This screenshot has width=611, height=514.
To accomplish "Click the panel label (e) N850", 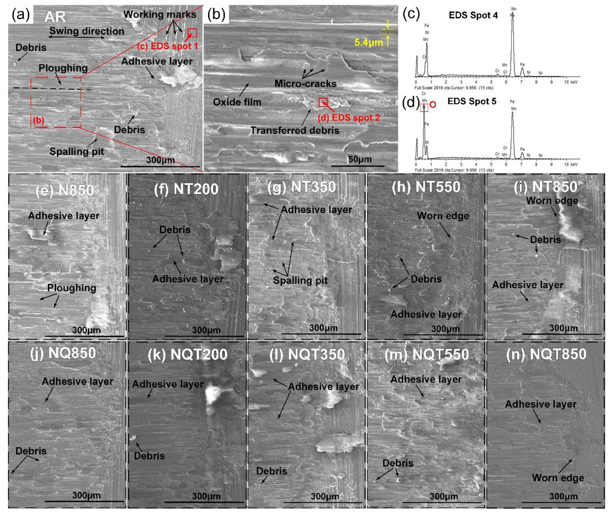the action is point(65,190).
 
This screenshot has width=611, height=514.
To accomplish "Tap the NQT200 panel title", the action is point(187,355).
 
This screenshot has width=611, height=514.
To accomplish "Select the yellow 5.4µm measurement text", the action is point(368,43).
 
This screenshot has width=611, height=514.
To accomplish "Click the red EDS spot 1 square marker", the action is point(192,33).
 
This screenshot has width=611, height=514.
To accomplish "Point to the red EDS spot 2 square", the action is point(323,102).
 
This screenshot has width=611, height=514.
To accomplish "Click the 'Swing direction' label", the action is point(87,31).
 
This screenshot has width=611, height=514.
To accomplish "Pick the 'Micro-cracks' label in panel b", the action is point(305,84).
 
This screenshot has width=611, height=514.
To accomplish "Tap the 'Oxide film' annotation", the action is point(237,102).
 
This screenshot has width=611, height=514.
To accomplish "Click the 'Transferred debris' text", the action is point(295,130).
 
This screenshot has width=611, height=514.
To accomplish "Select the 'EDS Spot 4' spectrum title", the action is point(473,15).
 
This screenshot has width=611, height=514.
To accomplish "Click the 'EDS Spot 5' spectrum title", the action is point(472,101).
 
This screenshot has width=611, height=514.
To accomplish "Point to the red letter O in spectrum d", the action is point(433,105).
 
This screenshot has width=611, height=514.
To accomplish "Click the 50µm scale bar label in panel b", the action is point(359,159).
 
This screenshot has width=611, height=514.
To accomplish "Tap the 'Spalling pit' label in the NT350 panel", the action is point(300,280).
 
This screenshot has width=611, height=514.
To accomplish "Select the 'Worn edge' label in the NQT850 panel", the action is point(558,478).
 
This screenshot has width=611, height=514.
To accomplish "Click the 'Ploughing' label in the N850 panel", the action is point(72,288).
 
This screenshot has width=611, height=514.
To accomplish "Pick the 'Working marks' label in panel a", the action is point(160,14).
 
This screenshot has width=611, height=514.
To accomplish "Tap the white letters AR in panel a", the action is point(55,17).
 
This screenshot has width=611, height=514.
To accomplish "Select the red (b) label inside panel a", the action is point(39,120).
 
